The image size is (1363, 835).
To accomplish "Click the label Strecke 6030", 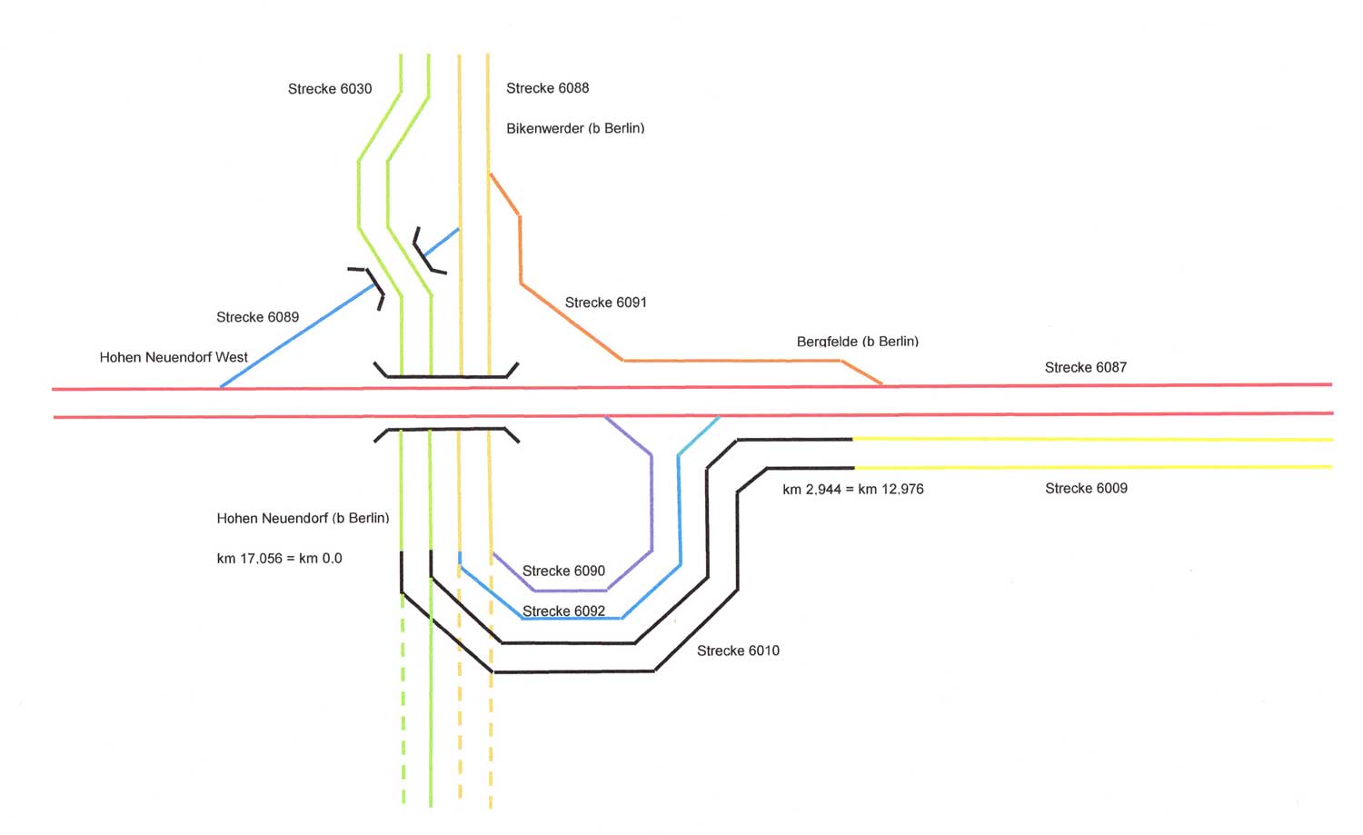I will click(330, 89).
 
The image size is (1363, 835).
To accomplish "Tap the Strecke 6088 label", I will click(547, 88).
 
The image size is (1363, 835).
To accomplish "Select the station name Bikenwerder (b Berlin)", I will click(575, 128).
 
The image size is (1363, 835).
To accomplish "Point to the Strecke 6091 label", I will click(606, 303).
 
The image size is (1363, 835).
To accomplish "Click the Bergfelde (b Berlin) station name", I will click(857, 342).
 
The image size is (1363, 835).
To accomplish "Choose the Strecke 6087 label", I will click(1085, 367).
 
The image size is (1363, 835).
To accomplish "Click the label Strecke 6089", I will click(257, 317).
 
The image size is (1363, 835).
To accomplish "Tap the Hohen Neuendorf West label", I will click(174, 357).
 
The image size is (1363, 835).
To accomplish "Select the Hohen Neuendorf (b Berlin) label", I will click(303, 518).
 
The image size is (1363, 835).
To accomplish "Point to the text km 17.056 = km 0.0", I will click(279, 558).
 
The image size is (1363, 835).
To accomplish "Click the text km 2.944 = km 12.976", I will click(852, 489).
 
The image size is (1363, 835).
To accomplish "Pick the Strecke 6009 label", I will click(1086, 488).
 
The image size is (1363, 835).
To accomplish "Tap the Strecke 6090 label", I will click(563, 571).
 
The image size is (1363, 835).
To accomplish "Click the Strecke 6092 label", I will click(563, 611).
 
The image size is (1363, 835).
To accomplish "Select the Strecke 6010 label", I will click(738, 651).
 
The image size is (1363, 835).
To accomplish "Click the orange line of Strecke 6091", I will click(572, 323).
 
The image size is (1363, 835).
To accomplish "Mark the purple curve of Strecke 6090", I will click(652, 500).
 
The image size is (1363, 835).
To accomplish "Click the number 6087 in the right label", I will click(1109, 367).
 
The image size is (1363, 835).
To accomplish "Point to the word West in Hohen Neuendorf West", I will click(231, 357).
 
